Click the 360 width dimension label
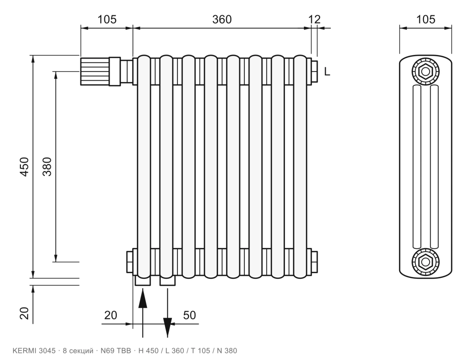pos(222,19)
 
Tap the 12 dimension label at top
pos(314,19)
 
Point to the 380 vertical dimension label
pos(47,167)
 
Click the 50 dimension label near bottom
pos(189,315)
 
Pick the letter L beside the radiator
pos(327,72)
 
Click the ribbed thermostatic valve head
pos(95,72)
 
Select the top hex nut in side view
pos(425,72)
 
